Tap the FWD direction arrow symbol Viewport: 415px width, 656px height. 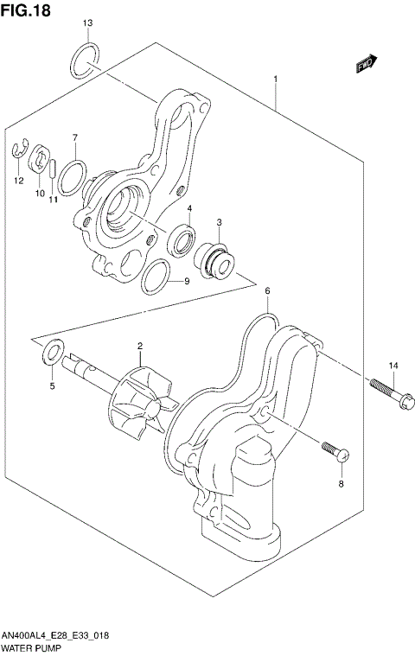(x=367, y=62)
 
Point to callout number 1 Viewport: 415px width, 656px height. (x=275, y=80)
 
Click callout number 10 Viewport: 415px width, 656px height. (x=39, y=194)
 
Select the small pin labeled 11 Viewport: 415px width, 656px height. (x=54, y=168)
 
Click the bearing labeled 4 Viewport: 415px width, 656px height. (x=183, y=239)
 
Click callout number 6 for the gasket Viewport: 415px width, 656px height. (x=268, y=292)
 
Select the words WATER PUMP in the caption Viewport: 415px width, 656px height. (x=29, y=647)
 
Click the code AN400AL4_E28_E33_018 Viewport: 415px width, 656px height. (x=60, y=636)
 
